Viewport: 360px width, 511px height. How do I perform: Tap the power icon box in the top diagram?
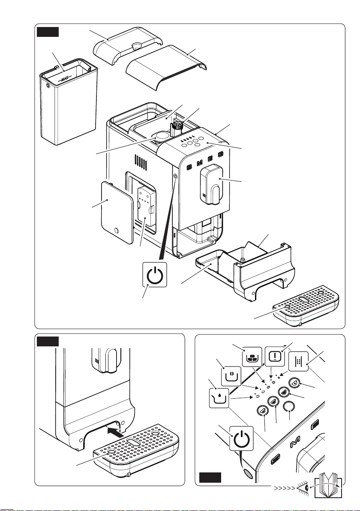point(155,276)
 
